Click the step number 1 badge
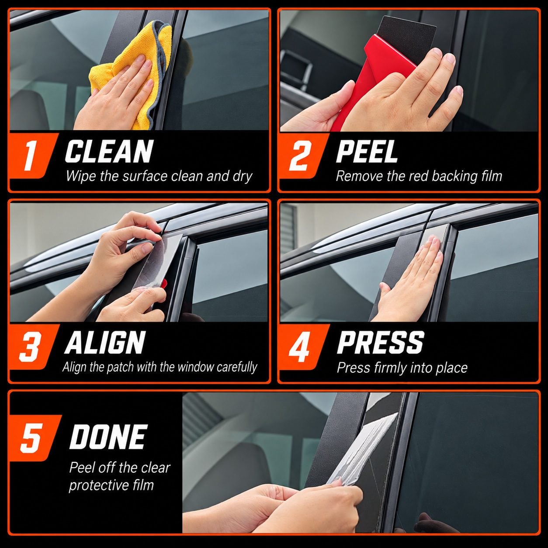pos(31,156)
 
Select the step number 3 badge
pos(31,347)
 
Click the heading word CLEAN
pos(109,151)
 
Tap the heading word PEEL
pos(367,151)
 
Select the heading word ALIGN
pos(105,343)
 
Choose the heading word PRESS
pos(380,343)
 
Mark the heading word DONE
pos(108,437)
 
